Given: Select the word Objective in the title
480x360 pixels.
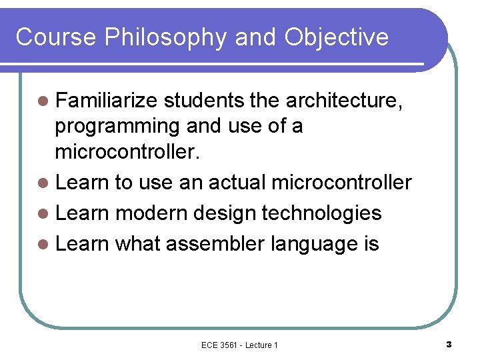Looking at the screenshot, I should [336, 37].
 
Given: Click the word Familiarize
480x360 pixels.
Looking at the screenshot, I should [107, 101].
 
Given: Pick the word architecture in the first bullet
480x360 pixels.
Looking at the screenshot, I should [341, 101].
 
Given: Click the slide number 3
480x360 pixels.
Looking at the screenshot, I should [449, 344].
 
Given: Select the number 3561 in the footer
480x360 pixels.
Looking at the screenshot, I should [229, 345].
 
